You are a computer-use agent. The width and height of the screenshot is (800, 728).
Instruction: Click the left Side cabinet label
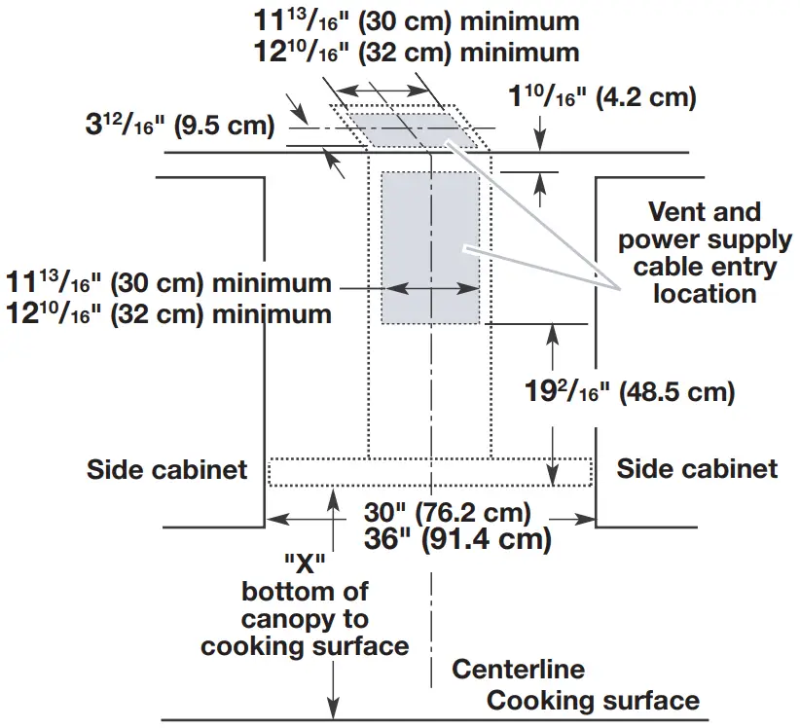(x=166, y=470)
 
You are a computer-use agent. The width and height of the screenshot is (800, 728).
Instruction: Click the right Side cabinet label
(x=697, y=470)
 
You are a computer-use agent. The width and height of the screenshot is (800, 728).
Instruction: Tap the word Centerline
(x=518, y=670)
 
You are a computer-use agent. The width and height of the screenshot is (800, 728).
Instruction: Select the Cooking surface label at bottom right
(x=593, y=701)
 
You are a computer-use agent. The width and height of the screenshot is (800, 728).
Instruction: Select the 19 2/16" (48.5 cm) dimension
(x=629, y=393)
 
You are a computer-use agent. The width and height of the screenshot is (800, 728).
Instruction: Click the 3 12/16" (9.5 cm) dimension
(x=179, y=125)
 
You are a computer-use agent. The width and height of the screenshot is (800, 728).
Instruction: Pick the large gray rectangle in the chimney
(x=429, y=247)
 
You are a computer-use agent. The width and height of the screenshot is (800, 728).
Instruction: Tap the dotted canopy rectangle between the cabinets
(x=429, y=471)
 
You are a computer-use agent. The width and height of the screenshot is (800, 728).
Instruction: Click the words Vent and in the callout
(x=706, y=212)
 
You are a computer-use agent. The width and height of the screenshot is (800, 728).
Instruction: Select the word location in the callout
(x=706, y=293)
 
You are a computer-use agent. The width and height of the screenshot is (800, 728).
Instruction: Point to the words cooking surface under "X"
(x=305, y=644)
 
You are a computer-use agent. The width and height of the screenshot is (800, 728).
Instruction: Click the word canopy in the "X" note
(x=306, y=618)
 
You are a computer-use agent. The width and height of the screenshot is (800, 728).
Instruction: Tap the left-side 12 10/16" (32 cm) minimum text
(x=168, y=313)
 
